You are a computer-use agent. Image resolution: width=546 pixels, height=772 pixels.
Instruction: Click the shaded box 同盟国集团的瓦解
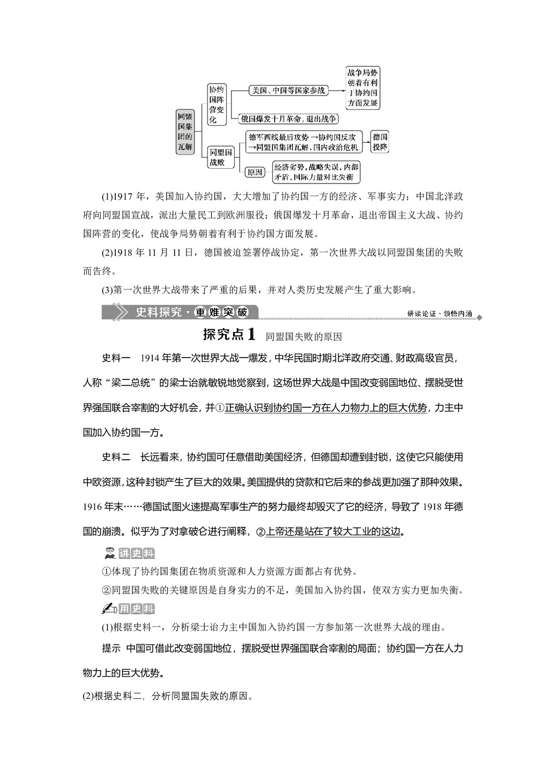click(185, 132)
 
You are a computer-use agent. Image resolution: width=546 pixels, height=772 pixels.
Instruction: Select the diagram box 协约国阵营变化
click(216, 104)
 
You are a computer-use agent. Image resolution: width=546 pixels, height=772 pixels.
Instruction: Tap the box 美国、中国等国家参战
click(288, 90)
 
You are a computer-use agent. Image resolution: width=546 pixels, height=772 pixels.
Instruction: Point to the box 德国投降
click(380, 142)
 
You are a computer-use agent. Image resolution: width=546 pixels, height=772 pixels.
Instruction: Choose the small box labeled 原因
click(254, 172)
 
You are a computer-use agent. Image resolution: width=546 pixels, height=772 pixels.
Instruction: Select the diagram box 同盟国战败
click(221, 157)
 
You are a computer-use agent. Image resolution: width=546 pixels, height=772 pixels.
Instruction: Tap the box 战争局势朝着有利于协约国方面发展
click(363, 87)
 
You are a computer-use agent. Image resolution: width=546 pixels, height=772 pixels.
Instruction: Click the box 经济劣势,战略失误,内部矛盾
click(316, 172)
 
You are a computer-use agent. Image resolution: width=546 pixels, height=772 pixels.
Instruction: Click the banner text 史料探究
click(159, 312)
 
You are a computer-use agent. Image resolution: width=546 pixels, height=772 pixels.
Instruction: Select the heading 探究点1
click(229, 334)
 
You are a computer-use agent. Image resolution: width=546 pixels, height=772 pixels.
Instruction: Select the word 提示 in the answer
click(111, 648)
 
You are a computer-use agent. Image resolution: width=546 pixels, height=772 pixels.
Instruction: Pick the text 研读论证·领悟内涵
click(440, 314)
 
